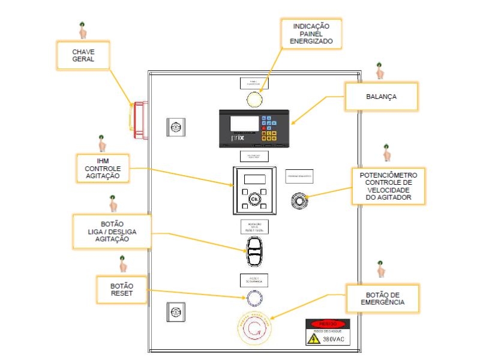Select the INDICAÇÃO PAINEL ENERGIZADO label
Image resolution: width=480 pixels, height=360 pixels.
[311, 34]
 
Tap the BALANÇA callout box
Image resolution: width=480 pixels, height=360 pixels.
[381, 96]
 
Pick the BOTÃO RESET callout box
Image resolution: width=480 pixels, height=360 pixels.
[122, 290]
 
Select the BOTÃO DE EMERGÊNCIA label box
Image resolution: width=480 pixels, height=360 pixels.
[383, 298]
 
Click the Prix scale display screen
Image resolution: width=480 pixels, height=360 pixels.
[243, 125]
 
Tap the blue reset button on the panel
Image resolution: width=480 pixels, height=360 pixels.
[254, 297]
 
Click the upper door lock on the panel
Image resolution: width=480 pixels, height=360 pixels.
[176, 127]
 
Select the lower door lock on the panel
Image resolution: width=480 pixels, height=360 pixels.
[176, 312]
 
